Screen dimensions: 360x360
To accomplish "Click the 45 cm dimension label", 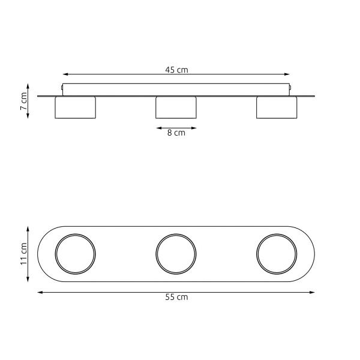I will pyautogui.click(x=176, y=70).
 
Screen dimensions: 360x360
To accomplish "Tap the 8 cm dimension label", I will pyautogui.click(x=176, y=133).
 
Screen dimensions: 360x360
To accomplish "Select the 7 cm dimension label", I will pyautogui.click(x=23, y=101).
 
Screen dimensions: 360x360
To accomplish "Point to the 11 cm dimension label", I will pyautogui.click(x=23, y=254).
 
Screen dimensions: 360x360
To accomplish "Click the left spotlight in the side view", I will pyautogui.click(x=75, y=107).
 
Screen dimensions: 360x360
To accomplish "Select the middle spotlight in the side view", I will pyautogui.click(x=176, y=107).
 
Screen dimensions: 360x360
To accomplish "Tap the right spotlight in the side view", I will pyautogui.click(x=277, y=107).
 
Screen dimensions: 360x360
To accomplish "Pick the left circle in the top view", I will pyautogui.click(x=75, y=254).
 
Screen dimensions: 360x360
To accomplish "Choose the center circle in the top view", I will pyautogui.click(x=176, y=254).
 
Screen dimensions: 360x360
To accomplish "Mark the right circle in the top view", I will pyautogui.click(x=277, y=254).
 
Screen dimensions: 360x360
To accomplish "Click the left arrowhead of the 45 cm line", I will pyautogui.click(x=64, y=76).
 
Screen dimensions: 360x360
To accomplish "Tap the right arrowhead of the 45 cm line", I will pyautogui.click(x=289, y=76).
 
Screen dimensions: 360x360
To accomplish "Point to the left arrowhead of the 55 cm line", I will pyautogui.click(x=40, y=292).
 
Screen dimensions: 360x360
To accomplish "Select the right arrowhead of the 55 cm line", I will pyautogui.click(x=313, y=292).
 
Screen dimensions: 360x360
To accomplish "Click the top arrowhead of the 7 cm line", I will pyautogui.click(x=29, y=85).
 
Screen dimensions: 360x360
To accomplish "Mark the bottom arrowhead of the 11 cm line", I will pyautogui.click(x=29, y=280).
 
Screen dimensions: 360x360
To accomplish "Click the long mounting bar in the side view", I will pyautogui.click(x=176, y=89).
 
